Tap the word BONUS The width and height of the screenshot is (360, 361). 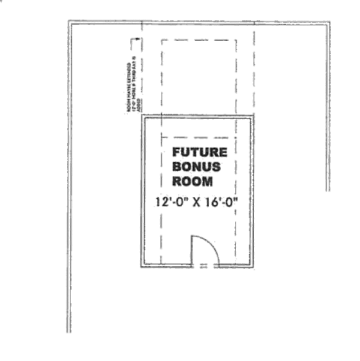click(197, 167)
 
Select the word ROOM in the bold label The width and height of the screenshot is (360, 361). click(194, 181)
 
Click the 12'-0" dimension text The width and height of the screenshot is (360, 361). click(172, 203)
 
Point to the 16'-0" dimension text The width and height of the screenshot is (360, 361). click(220, 203)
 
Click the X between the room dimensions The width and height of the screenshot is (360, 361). click(196, 203)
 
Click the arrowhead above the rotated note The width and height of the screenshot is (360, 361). click(138, 40)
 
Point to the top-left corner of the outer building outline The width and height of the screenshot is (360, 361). click(68, 23)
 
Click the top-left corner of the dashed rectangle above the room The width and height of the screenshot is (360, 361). click(162, 40)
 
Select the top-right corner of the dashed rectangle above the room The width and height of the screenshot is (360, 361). click(235, 40)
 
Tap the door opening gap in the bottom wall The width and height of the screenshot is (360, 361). click(205, 265)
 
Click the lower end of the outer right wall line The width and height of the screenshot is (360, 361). click(328, 191)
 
